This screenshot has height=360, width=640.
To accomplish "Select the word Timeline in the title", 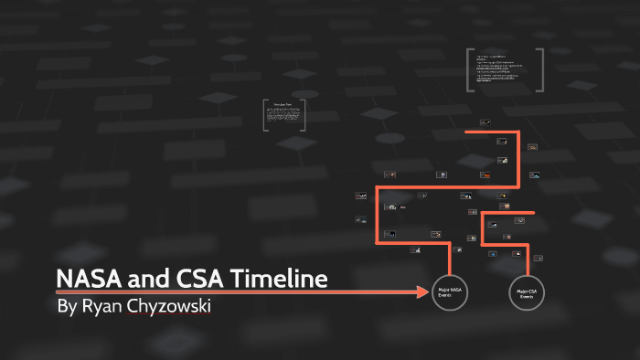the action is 278,279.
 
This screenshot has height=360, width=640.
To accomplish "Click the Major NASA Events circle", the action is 449,292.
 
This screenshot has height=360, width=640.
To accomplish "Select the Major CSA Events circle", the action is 527,292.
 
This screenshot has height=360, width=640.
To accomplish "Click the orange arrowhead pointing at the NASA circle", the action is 423,292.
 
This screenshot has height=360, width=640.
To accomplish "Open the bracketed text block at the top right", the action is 507,70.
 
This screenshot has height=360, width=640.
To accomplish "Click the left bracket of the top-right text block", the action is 468,70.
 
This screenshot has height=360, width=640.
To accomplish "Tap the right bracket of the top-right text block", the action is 542,70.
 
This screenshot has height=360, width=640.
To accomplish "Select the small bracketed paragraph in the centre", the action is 284,115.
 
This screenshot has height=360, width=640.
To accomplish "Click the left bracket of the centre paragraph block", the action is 265,115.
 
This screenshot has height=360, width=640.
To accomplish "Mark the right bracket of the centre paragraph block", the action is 304,115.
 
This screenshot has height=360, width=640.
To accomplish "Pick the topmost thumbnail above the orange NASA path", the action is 485,121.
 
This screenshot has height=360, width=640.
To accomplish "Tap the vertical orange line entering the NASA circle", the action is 449,260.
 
